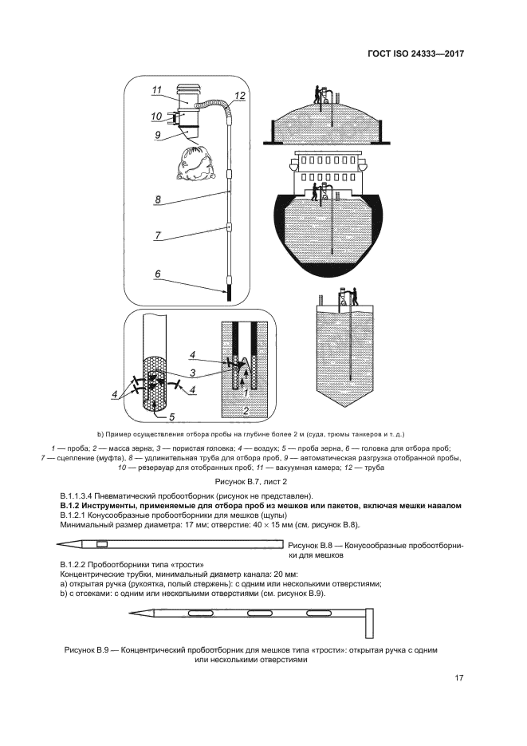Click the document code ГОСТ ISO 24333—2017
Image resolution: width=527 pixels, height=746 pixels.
click(416, 53)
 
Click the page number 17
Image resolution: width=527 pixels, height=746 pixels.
click(458, 678)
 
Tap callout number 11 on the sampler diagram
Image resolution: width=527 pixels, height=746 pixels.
click(157, 90)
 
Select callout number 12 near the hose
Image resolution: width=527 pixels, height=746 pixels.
click(240, 95)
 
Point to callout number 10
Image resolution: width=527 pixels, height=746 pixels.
click(156, 116)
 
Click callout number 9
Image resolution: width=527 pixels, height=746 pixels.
click(157, 135)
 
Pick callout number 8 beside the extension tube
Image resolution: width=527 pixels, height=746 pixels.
click(158, 199)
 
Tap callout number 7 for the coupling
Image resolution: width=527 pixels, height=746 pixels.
click(158, 235)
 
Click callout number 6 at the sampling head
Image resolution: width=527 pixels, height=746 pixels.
click(158, 274)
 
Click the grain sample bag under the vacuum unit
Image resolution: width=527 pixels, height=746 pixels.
click(196, 164)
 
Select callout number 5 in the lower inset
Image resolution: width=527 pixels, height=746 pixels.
click(171, 416)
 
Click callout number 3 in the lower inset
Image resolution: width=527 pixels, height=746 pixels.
click(192, 373)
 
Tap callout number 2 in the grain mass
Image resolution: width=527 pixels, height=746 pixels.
click(246, 411)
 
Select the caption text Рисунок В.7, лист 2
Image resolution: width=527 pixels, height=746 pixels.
click(251, 483)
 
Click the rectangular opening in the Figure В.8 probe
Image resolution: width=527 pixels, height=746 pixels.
click(102, 544)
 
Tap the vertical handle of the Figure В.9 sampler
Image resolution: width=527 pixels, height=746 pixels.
click(369, 624)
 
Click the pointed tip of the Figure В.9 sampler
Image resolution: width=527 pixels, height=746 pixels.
click(130, 614)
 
